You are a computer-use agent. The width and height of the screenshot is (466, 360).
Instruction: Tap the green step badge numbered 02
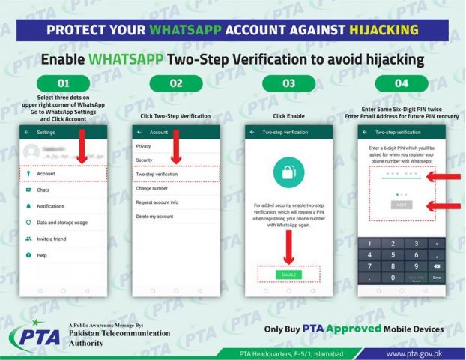pos(175,82)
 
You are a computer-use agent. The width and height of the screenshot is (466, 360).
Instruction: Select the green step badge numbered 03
pos(288,82)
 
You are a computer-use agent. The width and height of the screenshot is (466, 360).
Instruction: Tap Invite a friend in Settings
pos(52,238)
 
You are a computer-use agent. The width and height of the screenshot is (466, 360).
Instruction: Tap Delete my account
pos(155,217)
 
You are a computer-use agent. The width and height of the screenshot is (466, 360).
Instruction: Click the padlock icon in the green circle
pos(288,173)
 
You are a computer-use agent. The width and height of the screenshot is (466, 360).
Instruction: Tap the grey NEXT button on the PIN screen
pos(402,205)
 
